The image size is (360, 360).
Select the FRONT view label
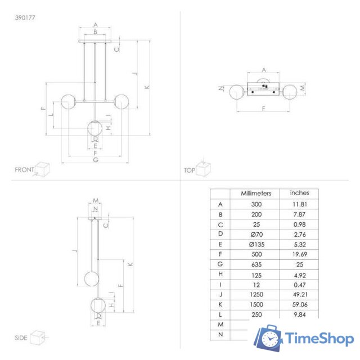tap(24, 169)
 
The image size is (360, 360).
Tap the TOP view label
tap(189, 169)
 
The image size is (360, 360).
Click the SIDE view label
tap(21, 338)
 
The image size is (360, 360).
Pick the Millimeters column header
tap(256, 193)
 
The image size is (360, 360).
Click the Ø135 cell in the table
tap(256, 244)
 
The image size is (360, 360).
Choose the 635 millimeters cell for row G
tap(256, 263)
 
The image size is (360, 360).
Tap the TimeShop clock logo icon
tap(268, 338)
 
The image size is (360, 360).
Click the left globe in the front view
tap(68, 101)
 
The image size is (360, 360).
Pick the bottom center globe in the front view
tap(96, 128)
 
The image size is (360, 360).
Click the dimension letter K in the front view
tap(147, 87)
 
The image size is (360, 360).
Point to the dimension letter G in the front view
tap(96, 160)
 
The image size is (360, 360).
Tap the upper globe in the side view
tap(92, 279)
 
